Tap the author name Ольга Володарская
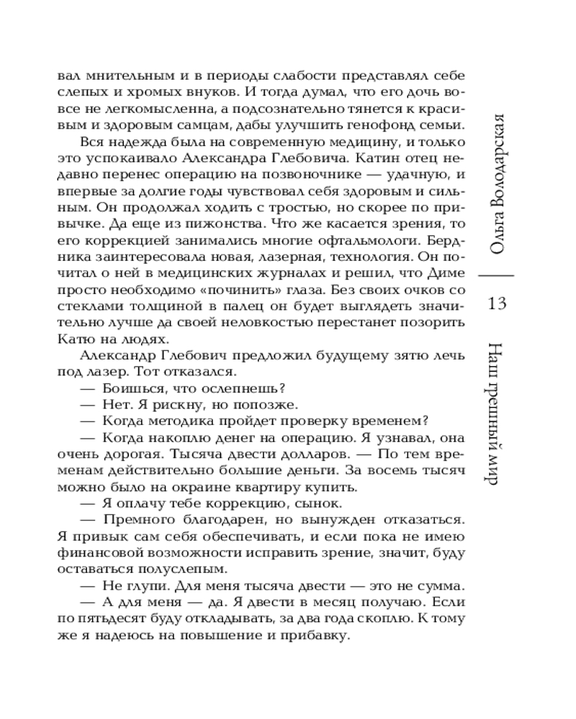(500, 183)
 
